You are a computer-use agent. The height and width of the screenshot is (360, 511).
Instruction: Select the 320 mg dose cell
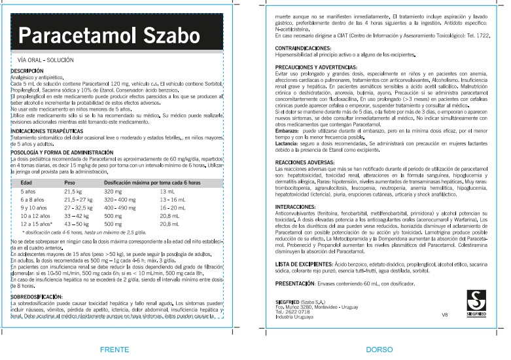(113, 190)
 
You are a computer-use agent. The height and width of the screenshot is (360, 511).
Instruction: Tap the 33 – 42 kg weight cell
(76, 215)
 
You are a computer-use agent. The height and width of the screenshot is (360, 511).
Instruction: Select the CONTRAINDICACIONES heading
(303, 49)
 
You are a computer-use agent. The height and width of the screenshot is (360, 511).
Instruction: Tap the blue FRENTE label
(114, 350)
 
